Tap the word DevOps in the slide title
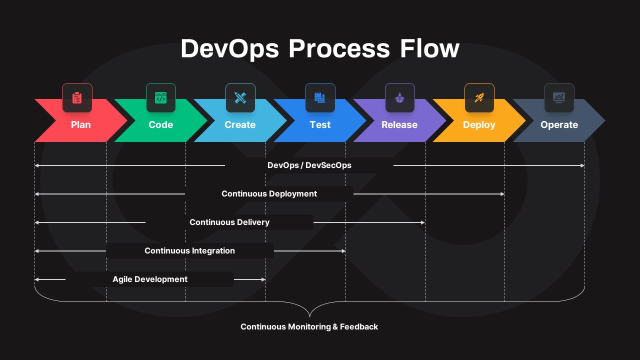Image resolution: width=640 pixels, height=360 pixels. pos(229,49)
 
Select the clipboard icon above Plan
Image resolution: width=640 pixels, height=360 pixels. pos(77,98)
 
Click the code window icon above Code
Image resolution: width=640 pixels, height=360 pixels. pos(160,98)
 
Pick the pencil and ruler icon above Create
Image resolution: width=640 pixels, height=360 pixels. pos(240,98)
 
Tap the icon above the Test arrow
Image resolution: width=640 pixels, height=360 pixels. pos(320,98)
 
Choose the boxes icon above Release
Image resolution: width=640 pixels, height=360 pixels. pos(399,98)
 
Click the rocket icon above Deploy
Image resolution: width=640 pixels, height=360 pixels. pos(479,98)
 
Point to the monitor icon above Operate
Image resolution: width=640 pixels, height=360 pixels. pos(559,98)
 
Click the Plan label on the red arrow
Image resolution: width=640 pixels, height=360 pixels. pos(80,125)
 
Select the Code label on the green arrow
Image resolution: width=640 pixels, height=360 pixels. pos(160,125)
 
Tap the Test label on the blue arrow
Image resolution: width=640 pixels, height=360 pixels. pos(320,125)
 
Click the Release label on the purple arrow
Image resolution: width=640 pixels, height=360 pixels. pos(399,125)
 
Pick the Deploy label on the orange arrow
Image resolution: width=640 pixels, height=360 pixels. pos(479,125)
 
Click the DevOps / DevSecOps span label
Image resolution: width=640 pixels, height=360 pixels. pos(309,165)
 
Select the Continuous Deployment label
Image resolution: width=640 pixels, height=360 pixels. pos(269,194)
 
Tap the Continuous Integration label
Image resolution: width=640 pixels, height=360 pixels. pos(189,251)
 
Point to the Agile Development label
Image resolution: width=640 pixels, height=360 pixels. pos(150,279)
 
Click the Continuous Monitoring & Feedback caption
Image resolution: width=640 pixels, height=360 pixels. pos(309,327)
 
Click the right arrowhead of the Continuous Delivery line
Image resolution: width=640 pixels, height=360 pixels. pos(423,222)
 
